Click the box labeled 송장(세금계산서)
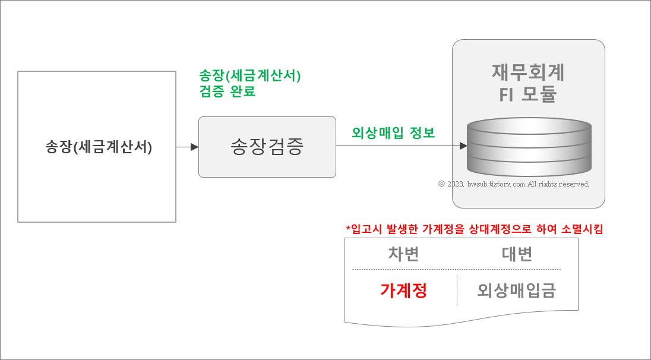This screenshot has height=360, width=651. click(x=97, y=147)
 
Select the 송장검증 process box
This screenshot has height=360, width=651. click(x=267, y=147)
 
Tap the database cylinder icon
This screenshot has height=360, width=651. click(x=529, y=146)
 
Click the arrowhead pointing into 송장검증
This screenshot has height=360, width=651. click(x=194, y=147)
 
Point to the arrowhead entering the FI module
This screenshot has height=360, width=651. click(x=463, y=146)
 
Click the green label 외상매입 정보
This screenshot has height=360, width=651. click(x=393, y=133)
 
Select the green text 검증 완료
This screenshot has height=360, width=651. click(x=227, y=92)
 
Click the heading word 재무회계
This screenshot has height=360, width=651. click(x=528, y=72)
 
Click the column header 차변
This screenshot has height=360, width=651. click(x=404, y=254)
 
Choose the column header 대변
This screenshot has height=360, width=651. click(x=517, y=254)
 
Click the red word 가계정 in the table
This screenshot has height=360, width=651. click(x=404, y=290)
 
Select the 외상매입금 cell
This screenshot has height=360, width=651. click(x=517, y=290)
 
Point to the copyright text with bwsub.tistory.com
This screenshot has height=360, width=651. click(x=514, y=184)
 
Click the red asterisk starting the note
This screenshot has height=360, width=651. click(x=348, y=229)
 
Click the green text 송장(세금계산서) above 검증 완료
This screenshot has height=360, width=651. click(x=250, y=76)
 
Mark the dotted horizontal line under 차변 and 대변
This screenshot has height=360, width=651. click(x=456, y=269)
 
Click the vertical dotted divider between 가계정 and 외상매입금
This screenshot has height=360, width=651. click(x=457, y=290)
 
